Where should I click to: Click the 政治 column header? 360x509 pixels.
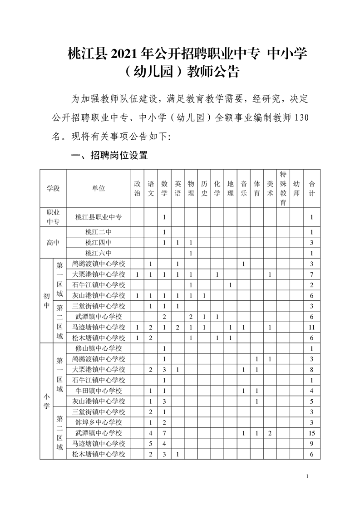137,188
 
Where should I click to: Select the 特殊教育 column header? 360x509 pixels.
283,188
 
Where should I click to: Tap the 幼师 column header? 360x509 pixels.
296,188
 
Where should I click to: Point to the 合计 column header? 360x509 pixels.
312,188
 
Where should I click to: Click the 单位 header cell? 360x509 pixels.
99,188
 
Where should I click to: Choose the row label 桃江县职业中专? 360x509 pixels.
99,217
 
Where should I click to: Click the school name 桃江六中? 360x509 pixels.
99,253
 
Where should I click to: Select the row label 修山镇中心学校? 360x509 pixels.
99,348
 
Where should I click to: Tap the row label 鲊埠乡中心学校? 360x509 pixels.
99,422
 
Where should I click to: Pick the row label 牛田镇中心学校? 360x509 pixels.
99,391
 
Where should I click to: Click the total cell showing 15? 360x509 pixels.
312,433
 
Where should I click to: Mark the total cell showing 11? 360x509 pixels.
312,327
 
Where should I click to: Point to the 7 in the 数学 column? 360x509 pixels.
164,433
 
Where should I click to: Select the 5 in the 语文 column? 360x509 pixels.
151,444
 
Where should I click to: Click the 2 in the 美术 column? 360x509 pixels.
270,433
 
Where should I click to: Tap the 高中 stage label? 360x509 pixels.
53,242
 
